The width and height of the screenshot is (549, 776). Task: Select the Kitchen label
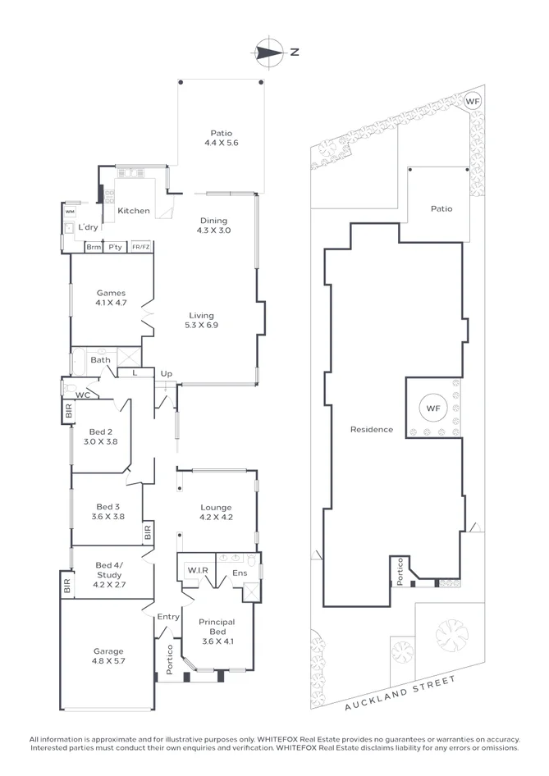[x=134, y=211]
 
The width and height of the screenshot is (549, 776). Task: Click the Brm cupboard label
[x=94, y=247]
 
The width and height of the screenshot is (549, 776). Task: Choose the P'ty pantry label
[x=115, y=247]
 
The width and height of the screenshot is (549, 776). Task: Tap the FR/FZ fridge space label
[x=141, y=247]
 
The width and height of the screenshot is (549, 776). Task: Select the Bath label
[x=100, y=359]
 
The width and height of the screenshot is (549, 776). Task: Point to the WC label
[x=82, y=395]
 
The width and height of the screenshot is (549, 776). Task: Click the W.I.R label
[x=196, y=571]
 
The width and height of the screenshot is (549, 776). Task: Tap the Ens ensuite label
[x=240, y=572]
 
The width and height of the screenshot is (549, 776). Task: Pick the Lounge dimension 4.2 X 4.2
[x=216, y=518]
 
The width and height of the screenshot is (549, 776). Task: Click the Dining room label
[x=213, y=220]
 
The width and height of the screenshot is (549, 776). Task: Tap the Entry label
[x=168, y=617]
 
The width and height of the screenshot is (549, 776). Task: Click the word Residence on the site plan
[x=371, y=429]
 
